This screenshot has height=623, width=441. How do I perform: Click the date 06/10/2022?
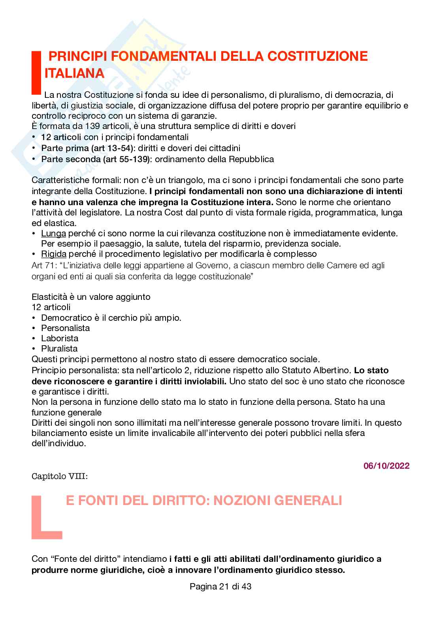(x=386, y=466)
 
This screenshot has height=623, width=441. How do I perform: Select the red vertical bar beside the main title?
(x=36, y=72)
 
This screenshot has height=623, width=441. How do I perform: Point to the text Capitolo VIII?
(x=59, y=476)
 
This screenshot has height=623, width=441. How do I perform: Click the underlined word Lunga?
(x=53, y=233)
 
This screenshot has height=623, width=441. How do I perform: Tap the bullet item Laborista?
(x=60, y=338)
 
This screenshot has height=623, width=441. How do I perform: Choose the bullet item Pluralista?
(x=59, y=348)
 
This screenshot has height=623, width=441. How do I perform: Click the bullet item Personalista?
(x=65, y=328)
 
